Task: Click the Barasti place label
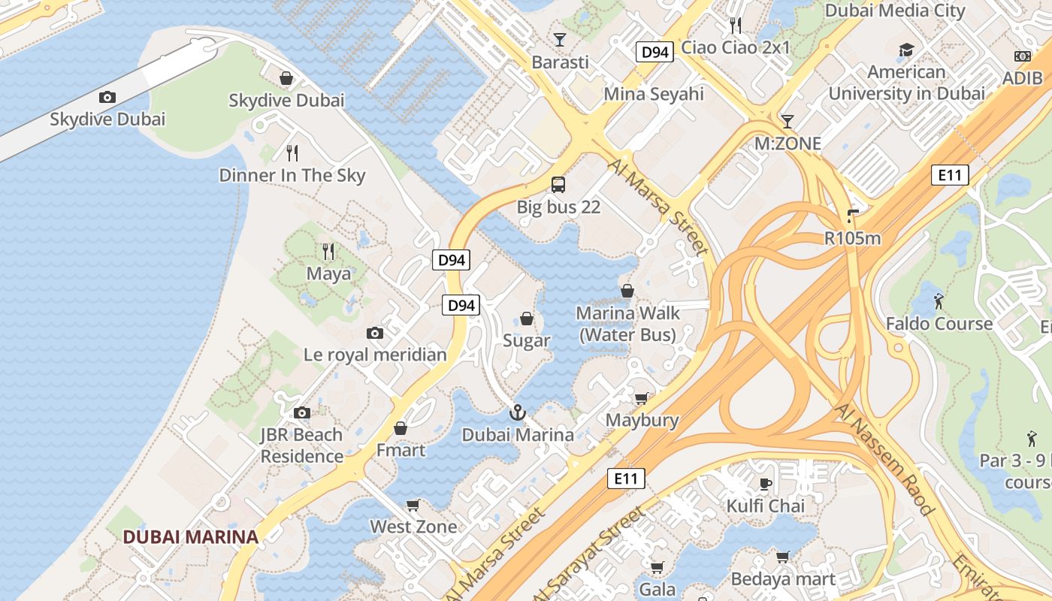tap(560, 62)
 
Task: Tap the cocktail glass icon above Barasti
tap(560, 39)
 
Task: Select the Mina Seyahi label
tap(654, 94)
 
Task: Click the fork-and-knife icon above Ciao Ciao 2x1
tap(736, 26)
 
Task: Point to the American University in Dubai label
tap(906, 83)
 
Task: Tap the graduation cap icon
tap(907, 50)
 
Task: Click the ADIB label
tap(1022, 78)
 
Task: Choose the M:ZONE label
tap(787, 143)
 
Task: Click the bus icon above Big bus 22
tap(558, 184)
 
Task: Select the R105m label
tap(852, 239)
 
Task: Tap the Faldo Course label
tap(939, 324)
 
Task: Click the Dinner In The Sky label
tap(292, 176)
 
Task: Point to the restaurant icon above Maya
tap(328, 250)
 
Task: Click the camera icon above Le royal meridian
tap(375, 333)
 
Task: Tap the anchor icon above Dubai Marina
tap(517, 412)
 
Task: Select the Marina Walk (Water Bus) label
tap(627, 324)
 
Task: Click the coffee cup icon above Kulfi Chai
tap(766, 483)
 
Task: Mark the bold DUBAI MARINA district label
tap(191, 537)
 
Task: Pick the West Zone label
tap(413, 527)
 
